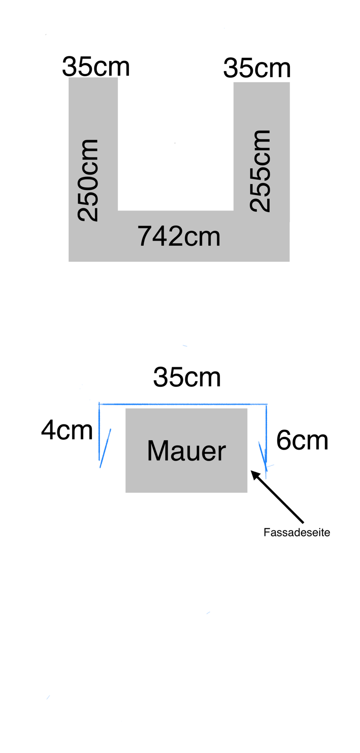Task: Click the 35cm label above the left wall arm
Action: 96,67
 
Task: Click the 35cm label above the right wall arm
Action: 257,68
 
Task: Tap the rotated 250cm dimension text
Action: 88,180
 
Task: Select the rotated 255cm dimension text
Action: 260,171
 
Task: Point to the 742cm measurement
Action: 179,236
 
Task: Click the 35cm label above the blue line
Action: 187,377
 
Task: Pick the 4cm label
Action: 67,430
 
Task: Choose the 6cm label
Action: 302,440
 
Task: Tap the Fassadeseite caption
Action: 297,532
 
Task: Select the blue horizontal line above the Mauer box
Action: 183,404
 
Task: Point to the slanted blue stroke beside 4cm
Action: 105,448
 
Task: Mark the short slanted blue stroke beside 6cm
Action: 262,456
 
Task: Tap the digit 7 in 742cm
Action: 145,236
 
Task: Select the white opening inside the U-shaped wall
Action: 175,143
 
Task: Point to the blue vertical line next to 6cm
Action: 266,434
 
